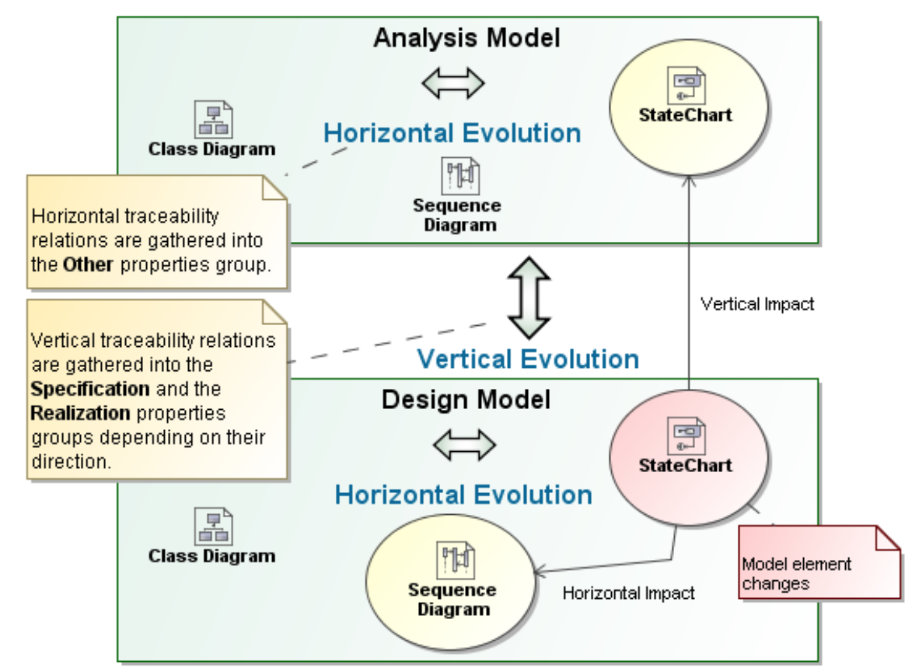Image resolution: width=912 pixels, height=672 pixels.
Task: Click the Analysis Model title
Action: click(x=466, y=38)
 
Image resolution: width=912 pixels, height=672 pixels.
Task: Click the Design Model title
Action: click(x=466, y=400)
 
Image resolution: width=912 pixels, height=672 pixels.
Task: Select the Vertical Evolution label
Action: click(x=527, y=360)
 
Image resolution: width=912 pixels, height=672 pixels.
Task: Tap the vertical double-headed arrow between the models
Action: click(x=529, y=297)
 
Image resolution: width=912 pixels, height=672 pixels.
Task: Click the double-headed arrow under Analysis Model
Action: click(x=453, y=83)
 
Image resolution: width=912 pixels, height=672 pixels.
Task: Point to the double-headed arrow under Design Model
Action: click(x=464, y=445)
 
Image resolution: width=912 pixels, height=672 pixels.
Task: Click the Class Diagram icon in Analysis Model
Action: click(x=213, y=120)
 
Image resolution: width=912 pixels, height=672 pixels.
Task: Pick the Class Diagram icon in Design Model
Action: click(x=213, y=526)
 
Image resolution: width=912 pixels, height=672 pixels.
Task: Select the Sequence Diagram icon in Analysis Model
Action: click(x=460, y=176)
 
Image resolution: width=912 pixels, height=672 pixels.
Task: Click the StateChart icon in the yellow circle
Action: click(x=686, y=85)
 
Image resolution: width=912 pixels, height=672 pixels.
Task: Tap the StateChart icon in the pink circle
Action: click(x=686, y=436)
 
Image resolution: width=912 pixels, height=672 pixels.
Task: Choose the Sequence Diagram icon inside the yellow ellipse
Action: click(x=455, y=559)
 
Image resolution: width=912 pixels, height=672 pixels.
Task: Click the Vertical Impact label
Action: click(x=757, y=304)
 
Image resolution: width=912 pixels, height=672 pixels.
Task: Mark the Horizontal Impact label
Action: click(x=628, y=593)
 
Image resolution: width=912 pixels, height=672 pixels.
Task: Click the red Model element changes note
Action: click(x=819, y=564)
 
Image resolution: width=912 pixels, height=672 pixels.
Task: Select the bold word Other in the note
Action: click(x=88, y=265)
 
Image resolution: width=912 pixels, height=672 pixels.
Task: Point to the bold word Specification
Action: click(x=90, y=389)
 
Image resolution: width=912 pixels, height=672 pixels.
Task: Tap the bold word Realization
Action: click(x=80, y=413)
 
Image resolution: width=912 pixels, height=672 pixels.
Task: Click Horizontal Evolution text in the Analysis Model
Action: click(x=452, y=134)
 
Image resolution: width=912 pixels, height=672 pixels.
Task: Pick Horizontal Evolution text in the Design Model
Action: click(x=464, y=495)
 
